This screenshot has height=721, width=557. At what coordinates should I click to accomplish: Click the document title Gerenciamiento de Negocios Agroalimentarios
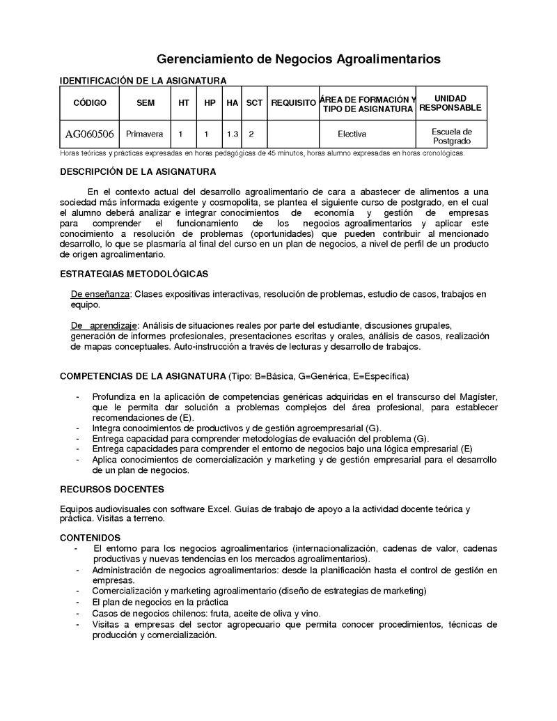[298, 59]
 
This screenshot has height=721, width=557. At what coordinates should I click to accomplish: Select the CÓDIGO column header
[90, 103]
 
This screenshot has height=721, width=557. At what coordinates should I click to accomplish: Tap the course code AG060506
[90, 134]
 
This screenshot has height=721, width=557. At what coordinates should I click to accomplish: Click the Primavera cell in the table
[145, 134]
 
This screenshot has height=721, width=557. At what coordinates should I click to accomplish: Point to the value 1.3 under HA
[233, 134]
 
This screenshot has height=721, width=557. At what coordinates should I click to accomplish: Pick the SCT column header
[255, 103]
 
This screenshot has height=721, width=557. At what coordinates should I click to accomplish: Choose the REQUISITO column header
[293, 103]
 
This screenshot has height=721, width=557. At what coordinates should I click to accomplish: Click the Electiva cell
[352, 134]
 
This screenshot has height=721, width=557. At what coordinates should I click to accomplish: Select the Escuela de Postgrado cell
[451, 136]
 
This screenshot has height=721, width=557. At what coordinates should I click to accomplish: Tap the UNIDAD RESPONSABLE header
[450, 103]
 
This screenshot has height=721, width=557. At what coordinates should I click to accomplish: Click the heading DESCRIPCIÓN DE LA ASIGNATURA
[138, 171]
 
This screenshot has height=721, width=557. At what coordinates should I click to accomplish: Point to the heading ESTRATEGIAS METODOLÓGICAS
[134, 274]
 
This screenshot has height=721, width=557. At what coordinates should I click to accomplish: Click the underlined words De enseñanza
[100, 295]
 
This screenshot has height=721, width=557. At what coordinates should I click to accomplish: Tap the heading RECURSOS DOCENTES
[112, 489]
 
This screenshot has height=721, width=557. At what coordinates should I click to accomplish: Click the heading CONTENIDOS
[90, 537]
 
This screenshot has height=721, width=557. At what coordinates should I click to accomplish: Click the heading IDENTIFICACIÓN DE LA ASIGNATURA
[143, 81]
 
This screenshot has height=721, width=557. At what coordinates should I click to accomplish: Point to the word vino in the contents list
[311, 613]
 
